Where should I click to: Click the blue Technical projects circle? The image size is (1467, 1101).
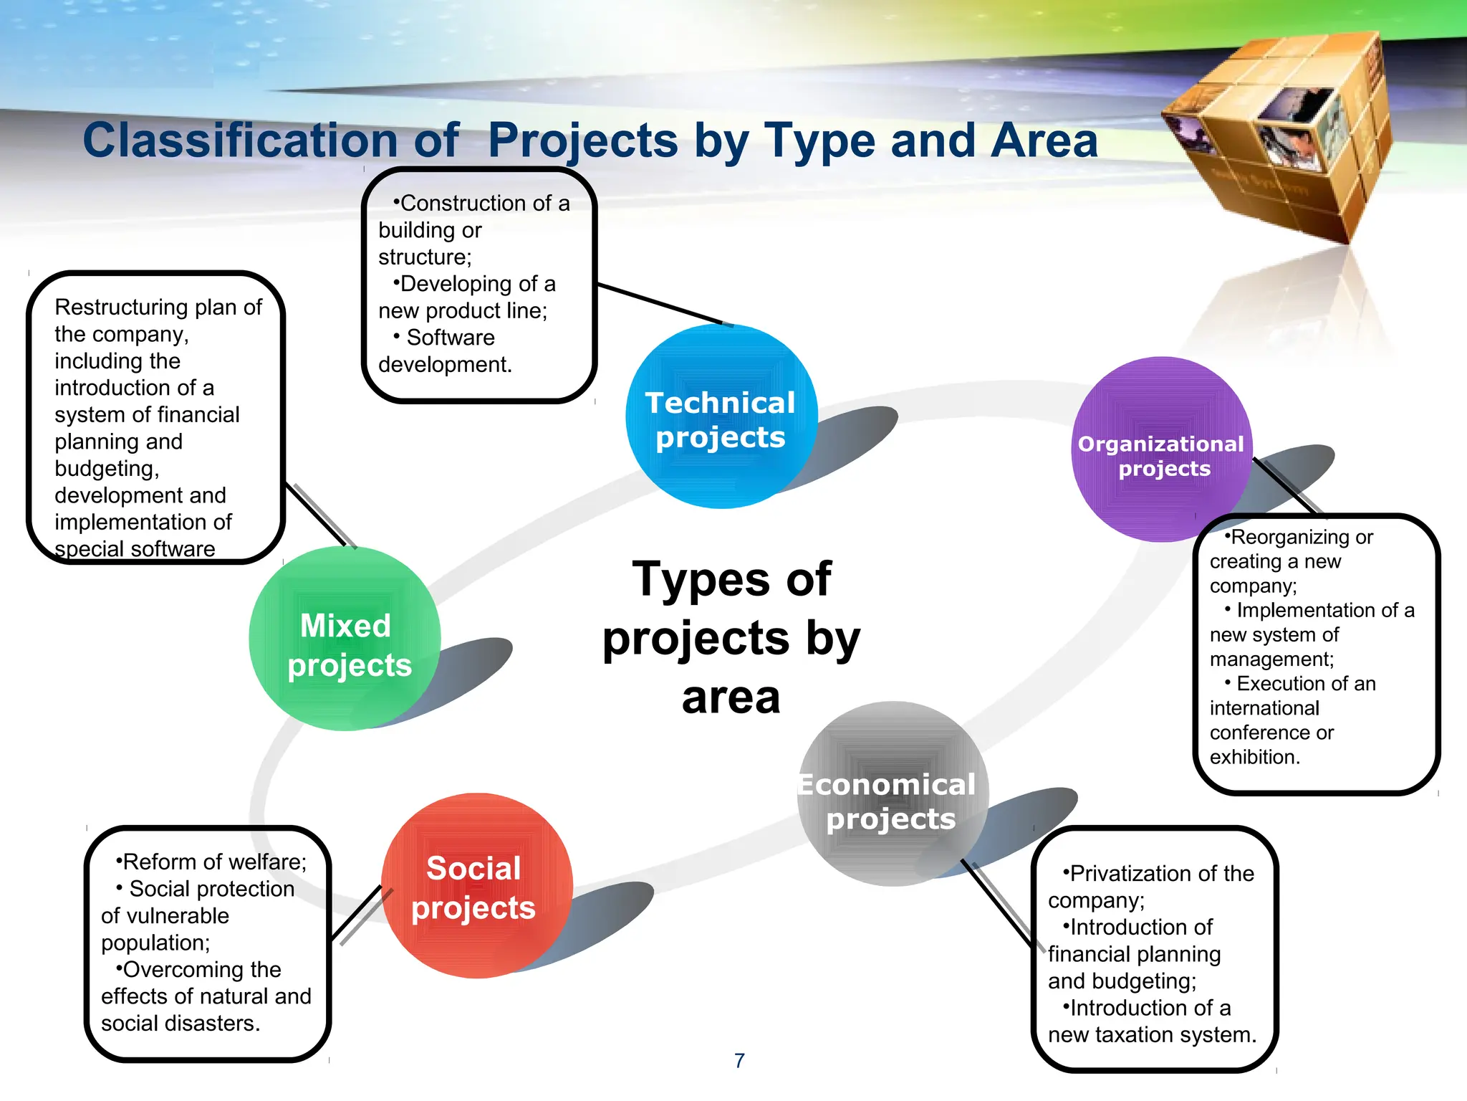pos(721,417)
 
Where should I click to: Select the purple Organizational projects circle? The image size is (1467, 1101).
pos(1161,450)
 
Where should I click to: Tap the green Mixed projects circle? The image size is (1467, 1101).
pos(345,639)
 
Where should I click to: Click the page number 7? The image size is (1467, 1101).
pos(739,1060)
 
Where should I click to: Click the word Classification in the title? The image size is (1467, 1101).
pos(239,140)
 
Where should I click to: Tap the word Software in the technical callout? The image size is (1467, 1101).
pos(451,338)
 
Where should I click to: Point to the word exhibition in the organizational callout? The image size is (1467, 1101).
pos(1254,758)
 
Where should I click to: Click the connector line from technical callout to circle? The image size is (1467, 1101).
pos(659,304)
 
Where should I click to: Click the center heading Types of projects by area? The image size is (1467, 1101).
pos(731,638)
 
